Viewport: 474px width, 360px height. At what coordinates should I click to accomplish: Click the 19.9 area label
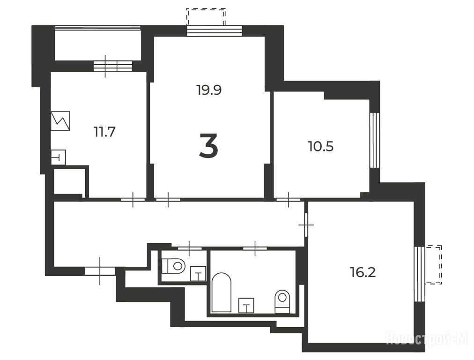coord(209,90)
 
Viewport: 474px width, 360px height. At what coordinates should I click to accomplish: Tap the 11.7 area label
coord(104,132)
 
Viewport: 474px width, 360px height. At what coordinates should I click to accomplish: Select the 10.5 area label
coord(321,147)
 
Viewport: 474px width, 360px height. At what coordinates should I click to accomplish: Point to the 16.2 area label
coord(363,272)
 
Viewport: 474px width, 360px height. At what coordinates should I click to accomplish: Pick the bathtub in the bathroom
coord(222,292)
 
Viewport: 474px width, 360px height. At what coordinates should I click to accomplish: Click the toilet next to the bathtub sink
coord(282,301)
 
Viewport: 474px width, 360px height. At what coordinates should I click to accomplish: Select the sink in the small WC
coord(198,274)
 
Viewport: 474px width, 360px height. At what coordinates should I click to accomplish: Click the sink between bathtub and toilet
coord(246,306)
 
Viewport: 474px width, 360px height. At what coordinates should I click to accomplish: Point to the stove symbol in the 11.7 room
coord(60,121)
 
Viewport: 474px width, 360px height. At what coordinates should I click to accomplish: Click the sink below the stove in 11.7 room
coord(59,157)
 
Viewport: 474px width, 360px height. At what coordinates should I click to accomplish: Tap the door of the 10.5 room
coord(289,199)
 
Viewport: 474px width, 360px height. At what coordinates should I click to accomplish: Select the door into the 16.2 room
coord(306,225)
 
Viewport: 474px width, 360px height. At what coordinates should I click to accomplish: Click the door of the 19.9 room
coord(168,199)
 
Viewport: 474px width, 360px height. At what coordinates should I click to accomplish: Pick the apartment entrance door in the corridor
coord(100,271)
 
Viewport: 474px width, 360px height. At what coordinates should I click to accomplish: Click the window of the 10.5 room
coord(375,140)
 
